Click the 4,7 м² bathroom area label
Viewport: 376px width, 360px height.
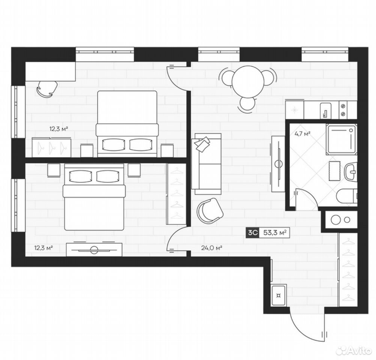pyautogui.click(x=303, y=133)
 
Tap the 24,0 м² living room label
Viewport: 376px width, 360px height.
pyautogui.click(x=211, y=247)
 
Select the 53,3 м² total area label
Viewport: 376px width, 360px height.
pyautogui.click(x=275, y=232)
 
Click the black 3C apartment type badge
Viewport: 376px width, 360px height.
pyautogui.click(x=252, y=232)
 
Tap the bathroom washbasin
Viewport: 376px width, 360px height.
pyautogui.click(x=351, y=171)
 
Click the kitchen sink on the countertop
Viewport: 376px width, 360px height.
pyautogui.click(x=326, y=111)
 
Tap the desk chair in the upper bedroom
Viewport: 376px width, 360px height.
pyautogui.click(x=47, y=88)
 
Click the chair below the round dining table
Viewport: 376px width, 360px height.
pyautogui.click(x=248, y=105)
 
